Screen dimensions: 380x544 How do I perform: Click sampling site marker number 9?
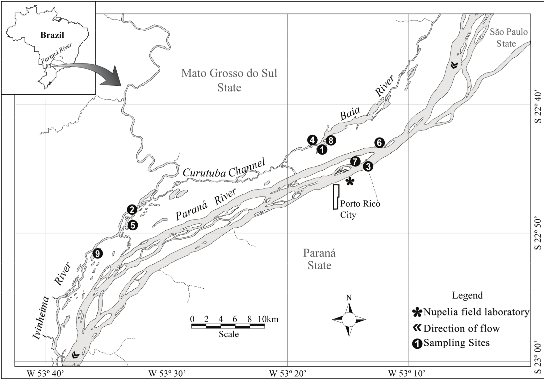click(98, 254)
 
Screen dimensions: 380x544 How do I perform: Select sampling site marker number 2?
click(132, 210)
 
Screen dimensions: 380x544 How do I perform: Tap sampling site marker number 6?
click(379, 142)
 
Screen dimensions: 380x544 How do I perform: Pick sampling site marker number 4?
click(312, 140)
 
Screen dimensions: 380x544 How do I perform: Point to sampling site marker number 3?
click(368, 167)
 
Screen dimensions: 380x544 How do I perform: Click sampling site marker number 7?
click(355, 161)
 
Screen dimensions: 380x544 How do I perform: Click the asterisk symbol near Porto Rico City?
click(349, 182)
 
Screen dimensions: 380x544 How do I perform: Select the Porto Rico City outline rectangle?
click(336, 197)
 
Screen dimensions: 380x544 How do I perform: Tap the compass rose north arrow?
click(349, 308)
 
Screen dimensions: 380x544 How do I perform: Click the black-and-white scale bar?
click(228, 326)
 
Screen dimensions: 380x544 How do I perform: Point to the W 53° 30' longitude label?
click(167, 374)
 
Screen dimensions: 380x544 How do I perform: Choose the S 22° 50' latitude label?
click(538, 233)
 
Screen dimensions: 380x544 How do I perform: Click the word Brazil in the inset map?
click(52, 35)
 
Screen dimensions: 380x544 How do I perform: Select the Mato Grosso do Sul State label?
click(229, 80)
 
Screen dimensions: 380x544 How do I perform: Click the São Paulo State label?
click(508, 37)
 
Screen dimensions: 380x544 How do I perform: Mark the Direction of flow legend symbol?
click(417, 328)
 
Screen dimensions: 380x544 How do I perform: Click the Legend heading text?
click(467, 295)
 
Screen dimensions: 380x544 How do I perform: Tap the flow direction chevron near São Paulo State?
click(454, 65)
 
